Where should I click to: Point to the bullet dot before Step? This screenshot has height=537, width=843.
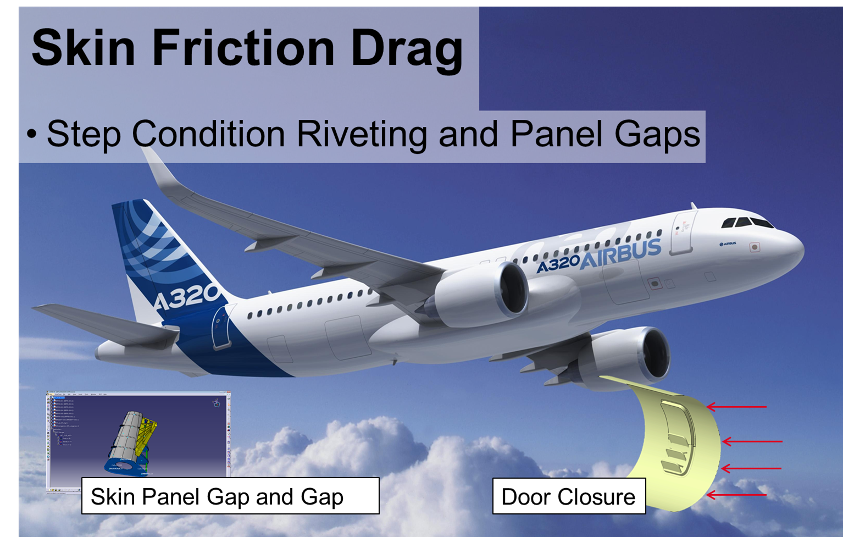tap(32, 134)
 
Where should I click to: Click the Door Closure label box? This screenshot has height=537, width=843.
tap(568, 496)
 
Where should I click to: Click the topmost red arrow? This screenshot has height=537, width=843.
tap(736, 407)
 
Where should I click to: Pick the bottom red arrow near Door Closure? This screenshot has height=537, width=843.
tap(736, 495)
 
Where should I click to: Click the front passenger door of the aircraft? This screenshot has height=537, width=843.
tap(682, 233)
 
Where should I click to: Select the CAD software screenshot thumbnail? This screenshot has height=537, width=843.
tap(138, 434)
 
